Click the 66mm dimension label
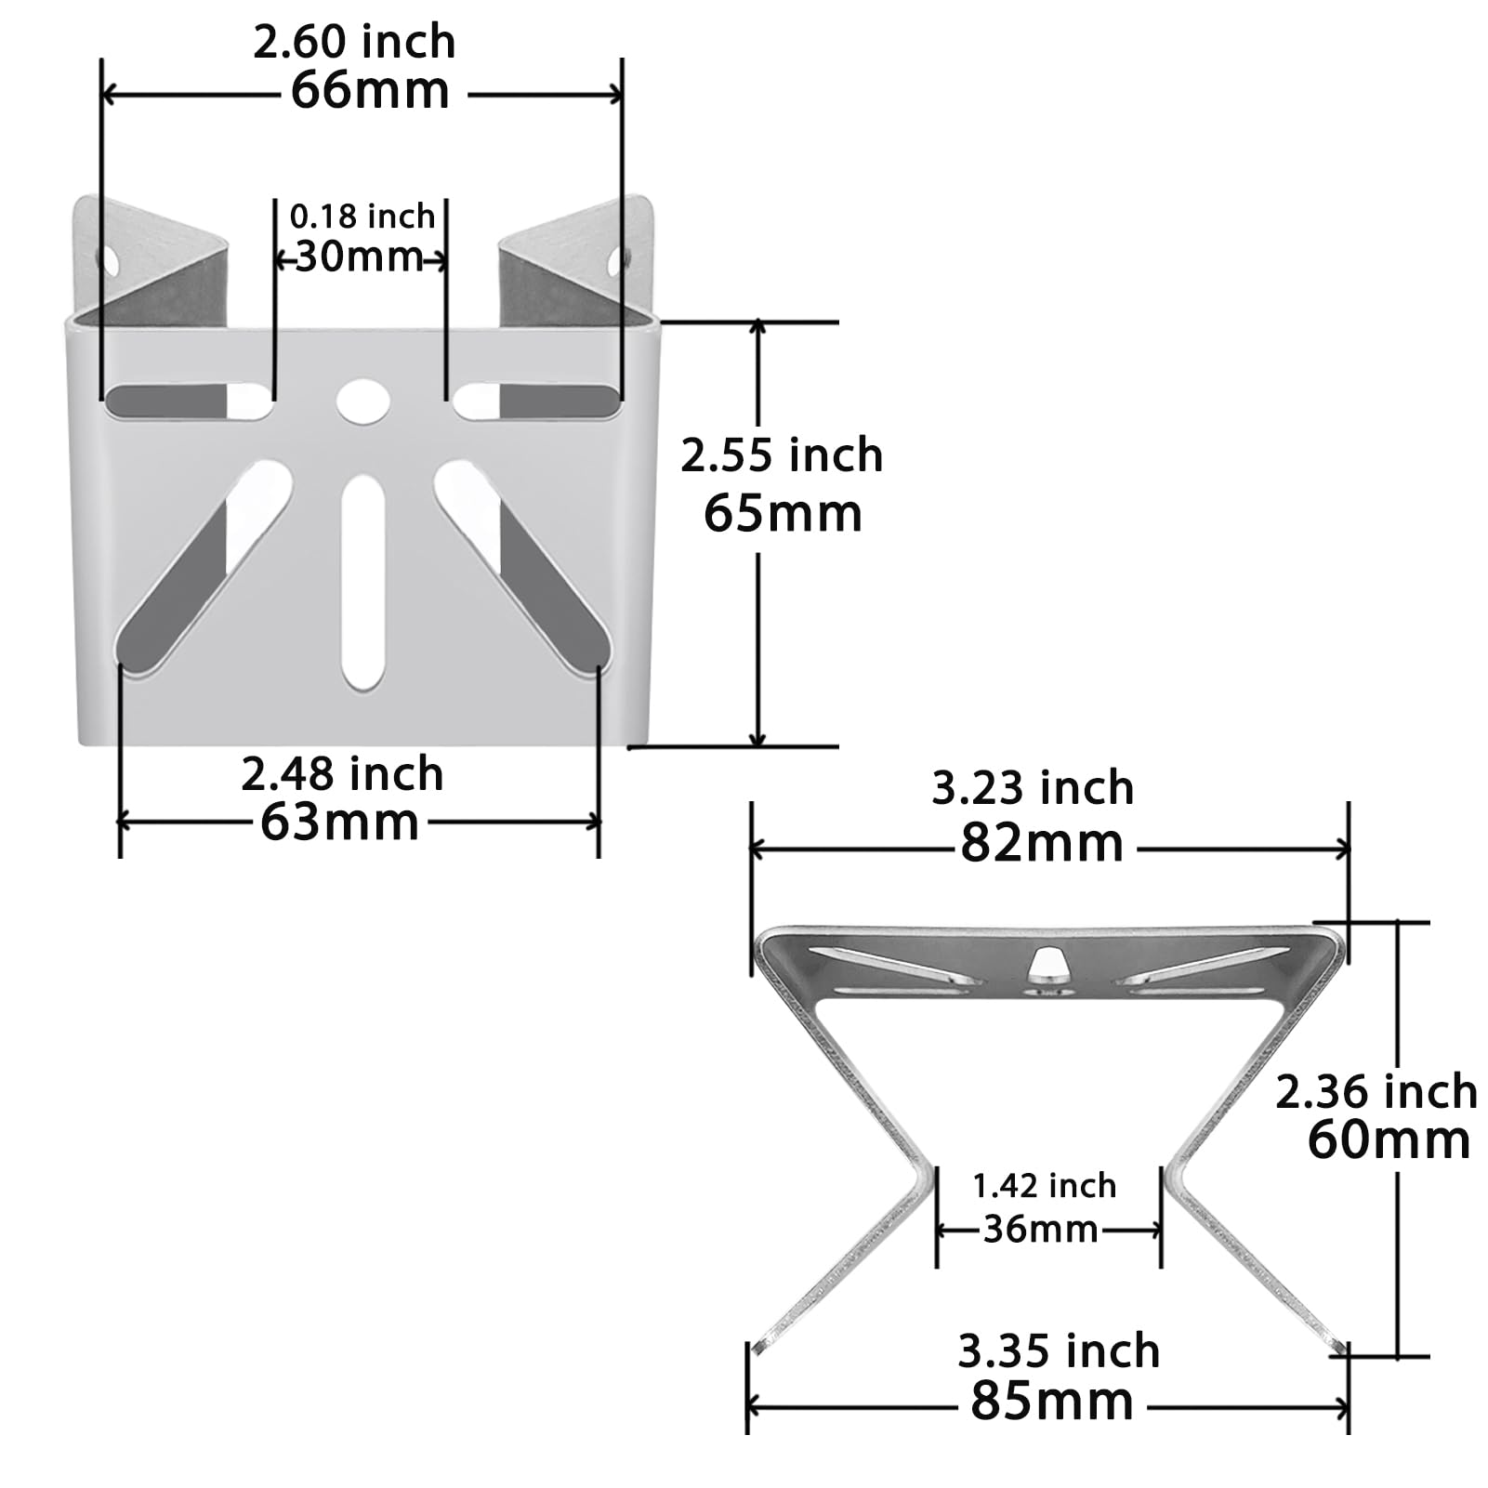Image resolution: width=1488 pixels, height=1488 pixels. click(370, 91)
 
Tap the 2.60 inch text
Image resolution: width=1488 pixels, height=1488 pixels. click(354, 43)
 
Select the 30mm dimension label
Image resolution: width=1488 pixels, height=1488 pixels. click(359, 257)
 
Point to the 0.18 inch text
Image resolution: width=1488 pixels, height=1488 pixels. click(362, 217)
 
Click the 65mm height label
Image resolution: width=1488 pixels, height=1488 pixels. click(783, 514)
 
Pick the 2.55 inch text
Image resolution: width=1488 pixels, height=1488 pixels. click(782, 455)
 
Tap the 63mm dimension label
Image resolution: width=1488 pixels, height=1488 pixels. click(339, 823)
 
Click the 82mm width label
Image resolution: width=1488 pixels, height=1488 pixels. click(1042, 844)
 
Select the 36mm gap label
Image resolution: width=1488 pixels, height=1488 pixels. click(1041, 1230)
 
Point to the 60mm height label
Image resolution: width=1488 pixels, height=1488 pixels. click(1389, 1140)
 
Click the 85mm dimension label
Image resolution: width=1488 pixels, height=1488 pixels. click(1052, 1402)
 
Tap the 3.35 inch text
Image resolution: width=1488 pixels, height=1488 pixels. click(1059, 1351)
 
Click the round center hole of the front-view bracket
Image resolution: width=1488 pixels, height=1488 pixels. click(362, 402)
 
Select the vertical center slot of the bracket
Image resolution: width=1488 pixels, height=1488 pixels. click(362, 581)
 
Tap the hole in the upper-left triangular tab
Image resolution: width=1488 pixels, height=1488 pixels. click(109, 261)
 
